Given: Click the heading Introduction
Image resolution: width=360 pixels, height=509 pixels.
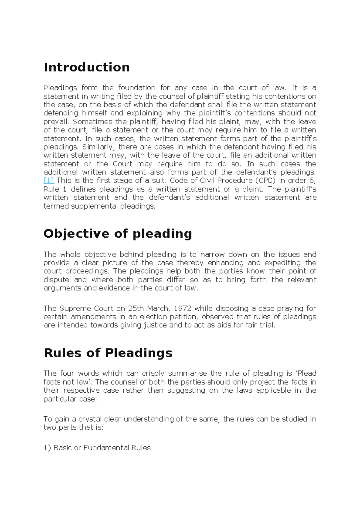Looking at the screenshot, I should coord(87,67).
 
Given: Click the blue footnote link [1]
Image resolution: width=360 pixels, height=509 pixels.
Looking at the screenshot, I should coord(49,180).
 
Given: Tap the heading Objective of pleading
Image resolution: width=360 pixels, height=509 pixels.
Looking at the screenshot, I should coord(118,234).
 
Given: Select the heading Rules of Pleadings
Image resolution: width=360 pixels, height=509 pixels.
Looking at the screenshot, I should coord(108,353).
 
